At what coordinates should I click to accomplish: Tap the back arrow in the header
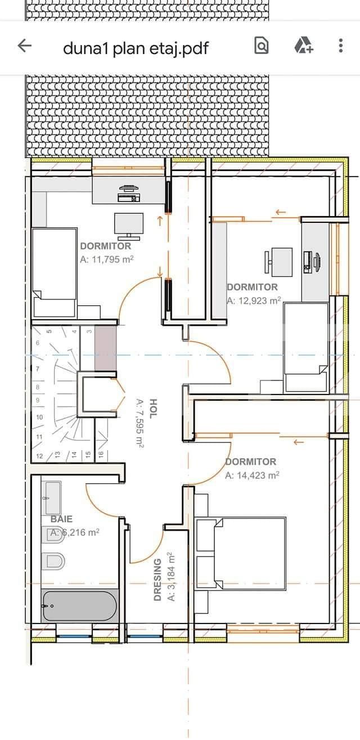[24, 46]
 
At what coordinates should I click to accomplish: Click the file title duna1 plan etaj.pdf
[136, 48]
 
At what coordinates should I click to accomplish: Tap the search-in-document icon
[262, 46]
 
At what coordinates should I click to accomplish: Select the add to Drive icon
[303, 46]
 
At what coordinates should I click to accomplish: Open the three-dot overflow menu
[341, 46]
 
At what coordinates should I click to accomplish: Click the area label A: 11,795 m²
[107, 259]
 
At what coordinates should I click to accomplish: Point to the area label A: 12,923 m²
[254, 301]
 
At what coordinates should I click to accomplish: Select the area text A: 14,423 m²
[252, 476]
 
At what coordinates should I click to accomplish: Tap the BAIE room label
[61, 519]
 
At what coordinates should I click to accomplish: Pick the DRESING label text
[158, 580]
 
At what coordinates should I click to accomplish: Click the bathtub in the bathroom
[79, 607]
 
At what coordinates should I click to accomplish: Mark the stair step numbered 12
[39, 455]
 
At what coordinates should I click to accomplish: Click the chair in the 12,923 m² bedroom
[270, 261]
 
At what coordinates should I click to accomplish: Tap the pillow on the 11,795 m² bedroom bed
[55, 307]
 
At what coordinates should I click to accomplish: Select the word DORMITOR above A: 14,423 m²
[251, 462]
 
